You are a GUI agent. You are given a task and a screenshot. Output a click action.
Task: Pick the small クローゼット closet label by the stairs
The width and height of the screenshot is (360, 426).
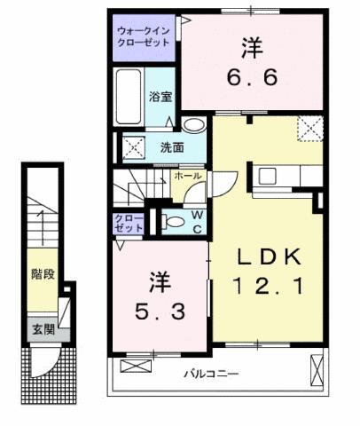[x=124, y=223]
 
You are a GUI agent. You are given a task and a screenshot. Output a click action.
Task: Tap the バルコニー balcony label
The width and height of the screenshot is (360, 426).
[x=212, y=374]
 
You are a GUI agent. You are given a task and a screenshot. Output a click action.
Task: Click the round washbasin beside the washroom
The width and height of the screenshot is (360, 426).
[x=197, y=125]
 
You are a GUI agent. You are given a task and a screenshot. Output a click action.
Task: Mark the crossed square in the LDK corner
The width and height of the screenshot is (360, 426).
[x=310, y=130]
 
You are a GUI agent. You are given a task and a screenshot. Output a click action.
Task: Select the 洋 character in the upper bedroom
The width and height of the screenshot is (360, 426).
[x=253, y=43]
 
